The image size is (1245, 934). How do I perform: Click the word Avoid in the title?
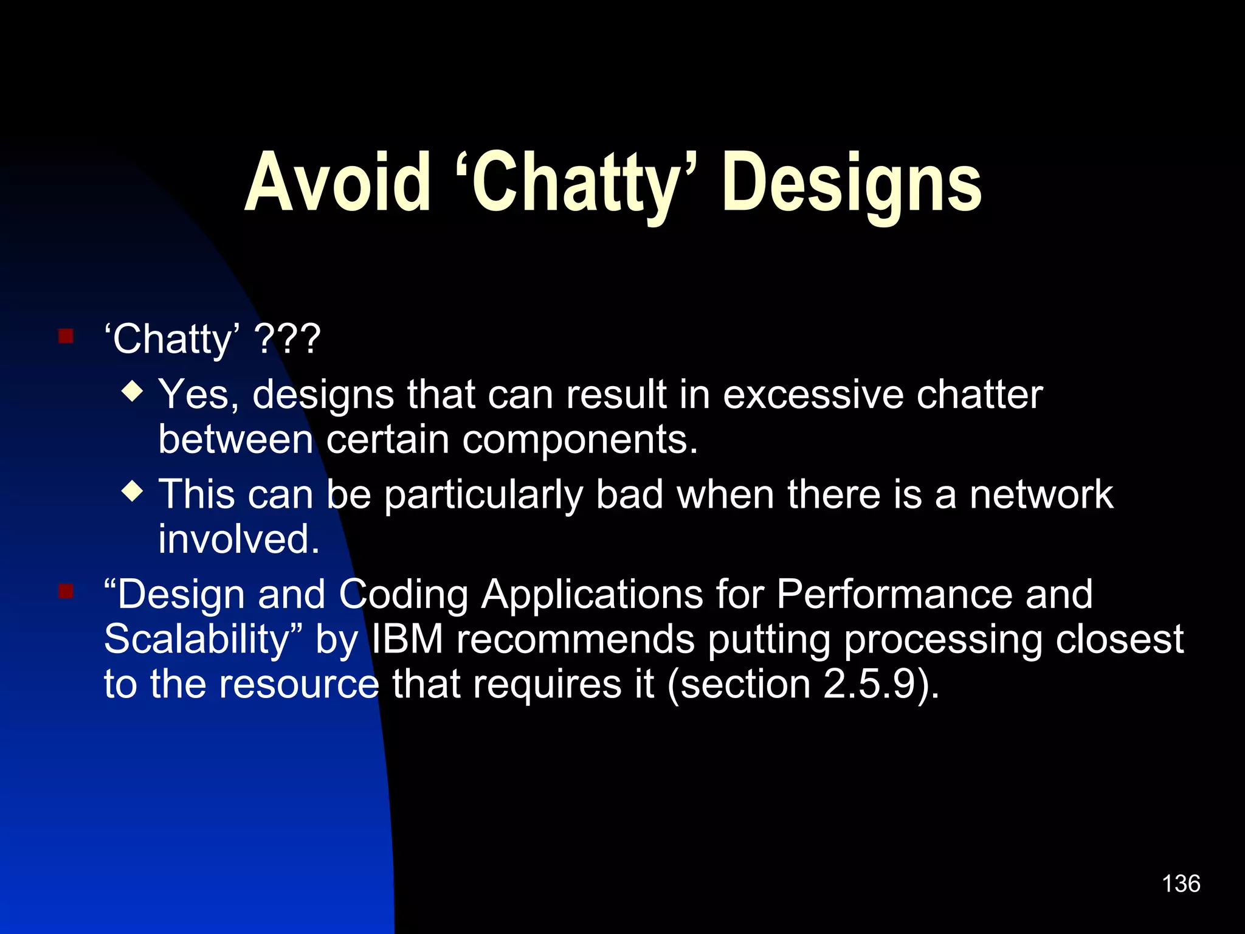coord(337,182)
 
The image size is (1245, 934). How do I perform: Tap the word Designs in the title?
coord(851,182)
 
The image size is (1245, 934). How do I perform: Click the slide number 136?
coord(1181,884)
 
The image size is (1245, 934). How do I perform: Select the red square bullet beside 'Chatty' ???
coord(66,336)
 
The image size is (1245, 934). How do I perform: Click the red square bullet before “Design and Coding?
coord(66,591)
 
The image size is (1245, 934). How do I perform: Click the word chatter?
coord(979,395)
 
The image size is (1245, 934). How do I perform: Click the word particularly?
coord(483,495)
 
